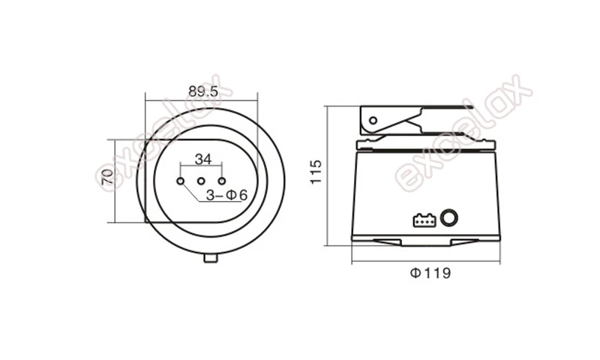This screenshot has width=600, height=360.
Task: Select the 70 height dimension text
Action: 107,177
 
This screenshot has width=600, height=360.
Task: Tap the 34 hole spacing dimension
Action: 202,158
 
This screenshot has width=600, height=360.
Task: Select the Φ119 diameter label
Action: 430,274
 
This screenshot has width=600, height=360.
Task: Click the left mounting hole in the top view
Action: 180,181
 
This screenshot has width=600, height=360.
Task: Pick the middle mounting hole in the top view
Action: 201,181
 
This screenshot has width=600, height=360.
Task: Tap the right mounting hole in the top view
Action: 222,181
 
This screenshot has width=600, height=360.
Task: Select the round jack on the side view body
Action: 450,218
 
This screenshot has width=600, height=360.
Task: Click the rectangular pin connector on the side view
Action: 422,220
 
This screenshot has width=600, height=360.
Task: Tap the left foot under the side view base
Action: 390,241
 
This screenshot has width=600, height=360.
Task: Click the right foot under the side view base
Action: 463,241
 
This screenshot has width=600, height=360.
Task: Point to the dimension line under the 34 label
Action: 201,167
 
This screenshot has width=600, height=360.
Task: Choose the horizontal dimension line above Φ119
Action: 425,262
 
